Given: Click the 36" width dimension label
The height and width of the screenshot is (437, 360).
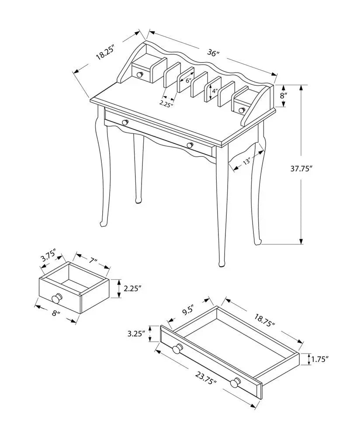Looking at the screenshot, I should tap(213, 53).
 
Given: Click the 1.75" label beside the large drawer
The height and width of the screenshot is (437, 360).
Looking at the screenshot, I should tap(319, 359).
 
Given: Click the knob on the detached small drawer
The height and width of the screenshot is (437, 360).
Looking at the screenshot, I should tap(56, 299).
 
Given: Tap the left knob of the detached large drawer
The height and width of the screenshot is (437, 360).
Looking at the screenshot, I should tap(177, 349).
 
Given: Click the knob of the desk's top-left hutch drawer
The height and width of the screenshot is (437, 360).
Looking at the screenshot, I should tap(140, 75).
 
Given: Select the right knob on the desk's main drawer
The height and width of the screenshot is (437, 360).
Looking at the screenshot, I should tap(189, 145).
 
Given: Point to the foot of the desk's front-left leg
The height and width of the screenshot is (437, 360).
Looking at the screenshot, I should tap(104, 224).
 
